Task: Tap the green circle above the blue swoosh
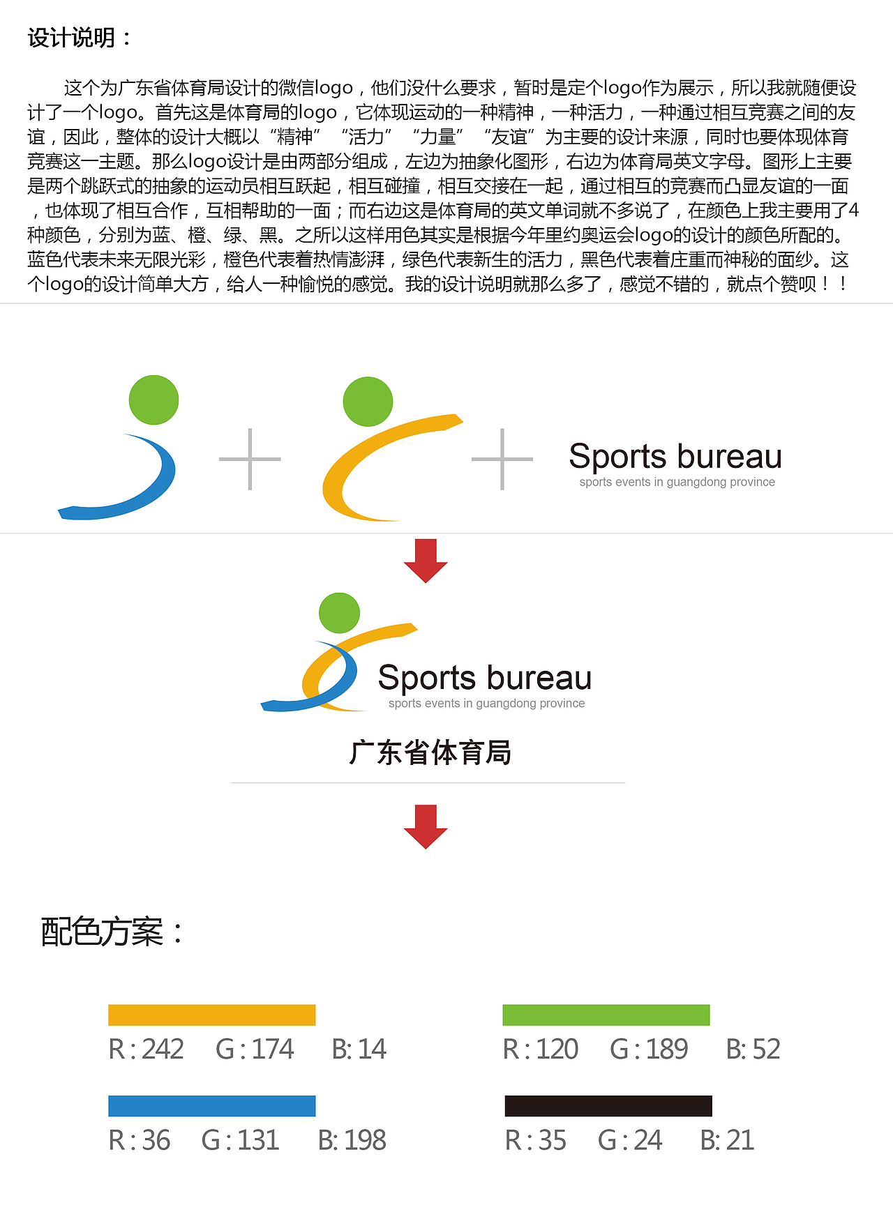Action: click(x=153, y=400)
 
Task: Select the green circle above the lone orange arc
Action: click(x=368, y=402)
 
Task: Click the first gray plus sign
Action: click(x=250, y=459)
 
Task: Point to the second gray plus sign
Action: click(x=502, y=459)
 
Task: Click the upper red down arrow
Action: click(x=426, y=560)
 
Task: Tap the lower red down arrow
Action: click(x=426, y=826)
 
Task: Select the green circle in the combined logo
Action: click(x=339, y=613)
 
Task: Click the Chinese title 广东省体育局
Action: click(x=430, y=753)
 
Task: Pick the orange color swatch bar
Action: click(x=212, y=1015)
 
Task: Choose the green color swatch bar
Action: click(x=606, y=1015)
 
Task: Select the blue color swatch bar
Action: click(x=212, y=1106)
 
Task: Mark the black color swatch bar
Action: click(x=608, y=1106)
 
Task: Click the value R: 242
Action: click(x=147, y=1049)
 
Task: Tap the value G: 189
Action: click(x=649, y=1049)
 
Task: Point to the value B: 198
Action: click(x=352, y=1141)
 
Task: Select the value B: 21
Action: click(x=727, y=1141)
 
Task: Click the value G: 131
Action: click(x=240, y=1141)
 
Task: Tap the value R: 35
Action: click(x=536, y=1141)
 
